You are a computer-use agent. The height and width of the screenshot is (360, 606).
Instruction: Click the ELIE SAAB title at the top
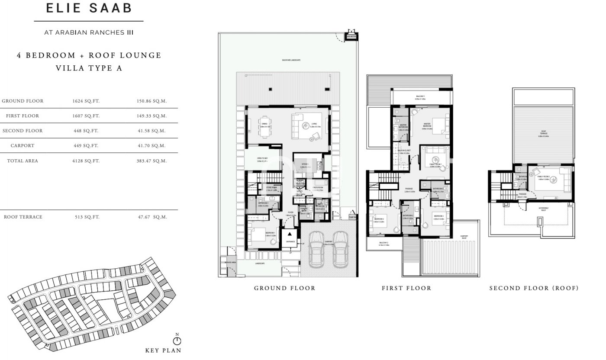pos(88,9)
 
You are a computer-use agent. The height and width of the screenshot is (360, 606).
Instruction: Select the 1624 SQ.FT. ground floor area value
pos(86,101)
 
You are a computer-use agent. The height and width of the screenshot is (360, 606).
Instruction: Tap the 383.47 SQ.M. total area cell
pos(152,161)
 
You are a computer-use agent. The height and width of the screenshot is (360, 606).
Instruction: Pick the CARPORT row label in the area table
pos(23,146)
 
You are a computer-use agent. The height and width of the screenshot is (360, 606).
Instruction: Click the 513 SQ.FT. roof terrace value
pos(86,217)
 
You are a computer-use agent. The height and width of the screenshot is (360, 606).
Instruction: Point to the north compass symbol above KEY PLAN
pos(177,341)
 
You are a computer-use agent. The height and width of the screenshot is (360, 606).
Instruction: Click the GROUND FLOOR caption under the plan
pos(284,288)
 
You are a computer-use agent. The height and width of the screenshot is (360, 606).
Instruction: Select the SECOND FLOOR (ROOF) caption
pos(534,288)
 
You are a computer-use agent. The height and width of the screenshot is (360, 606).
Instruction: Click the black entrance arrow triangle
pos(290,234)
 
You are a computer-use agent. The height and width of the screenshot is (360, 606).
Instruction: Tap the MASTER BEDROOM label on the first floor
pos(428,125)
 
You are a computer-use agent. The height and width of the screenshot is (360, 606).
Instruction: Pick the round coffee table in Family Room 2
pos(552,182)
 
